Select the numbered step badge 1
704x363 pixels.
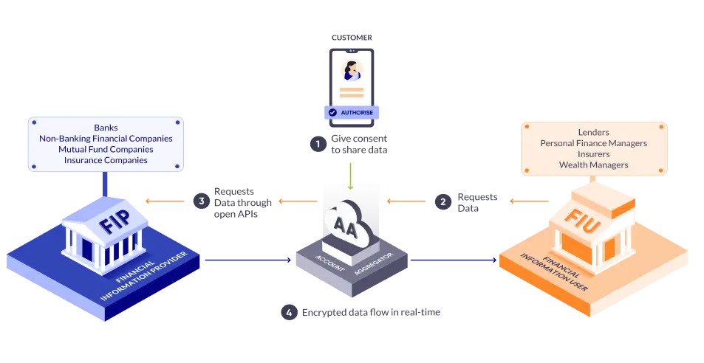(318, 144)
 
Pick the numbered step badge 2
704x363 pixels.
(442, 201)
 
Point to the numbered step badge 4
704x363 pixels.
(289, 313)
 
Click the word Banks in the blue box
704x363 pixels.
(106, 128)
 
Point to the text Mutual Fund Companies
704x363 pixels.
(106, 149)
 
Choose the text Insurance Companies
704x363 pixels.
(106, 159)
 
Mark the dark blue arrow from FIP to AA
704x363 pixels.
(247, 259)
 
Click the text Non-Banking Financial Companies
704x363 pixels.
(106, 138)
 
